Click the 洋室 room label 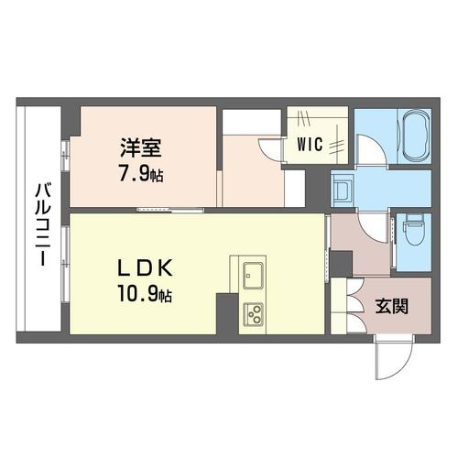point(141,147)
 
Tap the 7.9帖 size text point(141,174)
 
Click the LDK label point(145,267)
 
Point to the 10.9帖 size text point(145,295)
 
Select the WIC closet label point(310,144)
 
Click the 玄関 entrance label point(392,306)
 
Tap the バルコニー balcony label point(43,224)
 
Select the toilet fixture point(414,229)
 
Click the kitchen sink point(253,275)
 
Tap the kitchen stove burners point(253,314)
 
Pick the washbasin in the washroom point(343,189)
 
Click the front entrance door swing point(395,358)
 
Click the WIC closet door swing point(270,149)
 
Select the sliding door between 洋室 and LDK point(170,210)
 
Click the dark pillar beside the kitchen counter point(227,313)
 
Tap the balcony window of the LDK point(65,264)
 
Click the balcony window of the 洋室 point(65,156)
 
